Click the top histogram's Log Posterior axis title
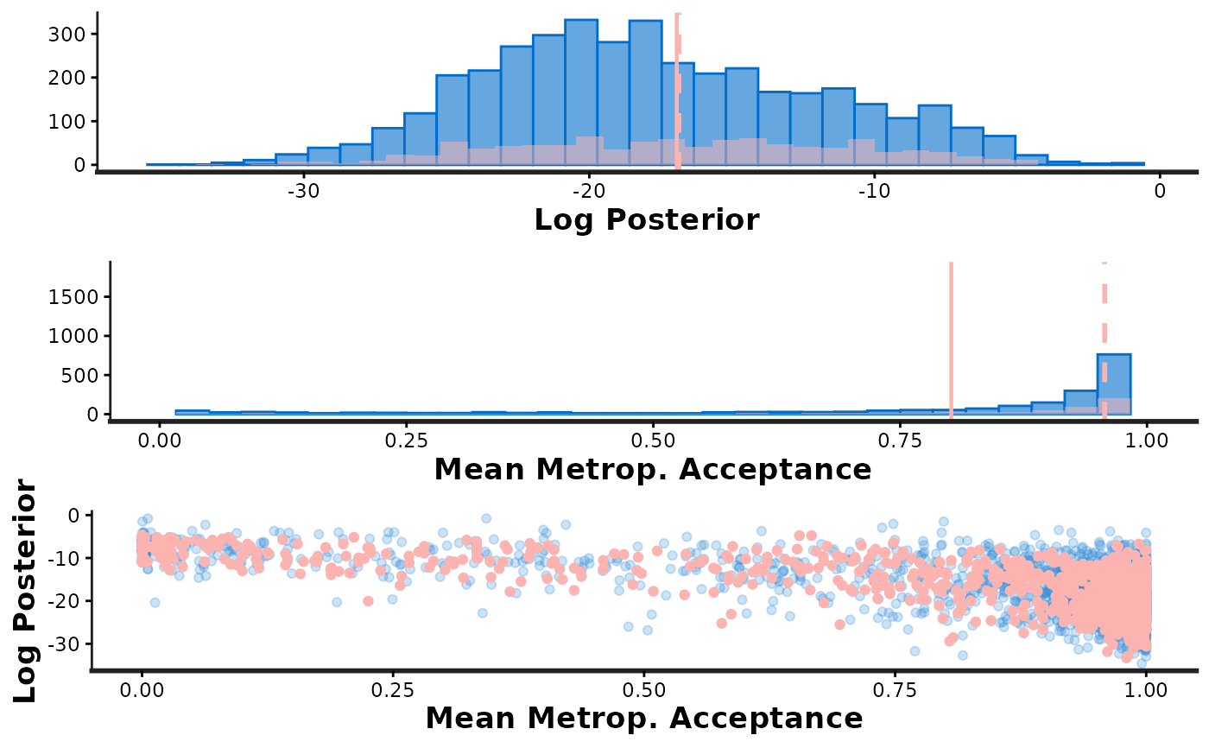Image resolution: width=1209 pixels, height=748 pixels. point(646,219)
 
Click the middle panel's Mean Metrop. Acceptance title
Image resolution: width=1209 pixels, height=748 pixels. point(652,469)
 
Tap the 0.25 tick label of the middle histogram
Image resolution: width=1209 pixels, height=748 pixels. point(406,439)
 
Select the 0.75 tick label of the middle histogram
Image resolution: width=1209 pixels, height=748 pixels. point(900,439)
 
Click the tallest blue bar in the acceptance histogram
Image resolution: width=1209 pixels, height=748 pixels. point(1114,384)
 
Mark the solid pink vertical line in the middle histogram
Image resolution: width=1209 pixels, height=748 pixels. point(951,337)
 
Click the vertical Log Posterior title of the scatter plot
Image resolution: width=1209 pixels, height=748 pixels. point(26,591)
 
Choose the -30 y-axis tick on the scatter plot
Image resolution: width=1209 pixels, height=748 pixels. point(66,644)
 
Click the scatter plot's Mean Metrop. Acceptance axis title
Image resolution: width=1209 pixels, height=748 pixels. point(643,719)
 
